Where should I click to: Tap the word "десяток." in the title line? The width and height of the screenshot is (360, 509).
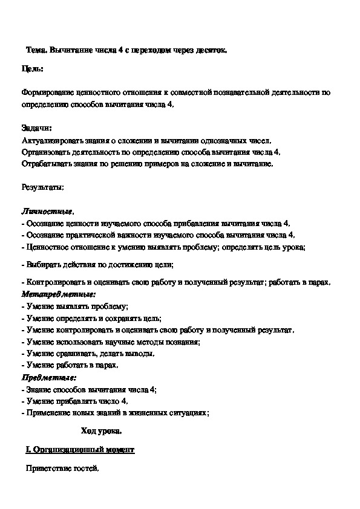pos(214,51)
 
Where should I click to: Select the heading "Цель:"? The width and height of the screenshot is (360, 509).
pos(32,70)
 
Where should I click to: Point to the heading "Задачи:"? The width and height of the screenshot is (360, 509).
pos(36,128)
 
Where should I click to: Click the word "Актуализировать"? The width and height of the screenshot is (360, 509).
pos(51,140)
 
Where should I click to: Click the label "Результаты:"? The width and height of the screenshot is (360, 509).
pos(42,187)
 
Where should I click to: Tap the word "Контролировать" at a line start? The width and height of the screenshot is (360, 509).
pos(55,282)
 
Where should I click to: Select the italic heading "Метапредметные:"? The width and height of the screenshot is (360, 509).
pos(58,294)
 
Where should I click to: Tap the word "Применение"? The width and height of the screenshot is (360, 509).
pos(48,412)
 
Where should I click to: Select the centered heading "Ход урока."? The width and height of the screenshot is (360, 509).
pos(101,431)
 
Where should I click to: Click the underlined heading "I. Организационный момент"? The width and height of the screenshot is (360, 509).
pos(80,450)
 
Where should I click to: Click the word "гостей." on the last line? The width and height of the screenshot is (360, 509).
pos(87,469)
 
